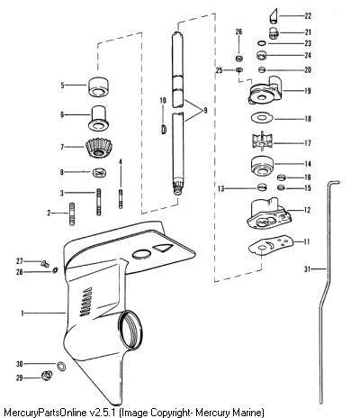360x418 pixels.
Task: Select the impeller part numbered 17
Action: (261, 141)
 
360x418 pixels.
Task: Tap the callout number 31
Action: (307, 269)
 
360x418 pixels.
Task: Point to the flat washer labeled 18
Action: (262, 118)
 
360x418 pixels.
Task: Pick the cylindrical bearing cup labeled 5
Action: (98, 87)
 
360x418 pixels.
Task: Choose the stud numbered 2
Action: (72, 214)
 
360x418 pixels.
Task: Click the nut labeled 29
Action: (47, 376)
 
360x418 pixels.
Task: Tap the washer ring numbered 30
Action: (62, 367)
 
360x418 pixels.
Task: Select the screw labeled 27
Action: (45, 264)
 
